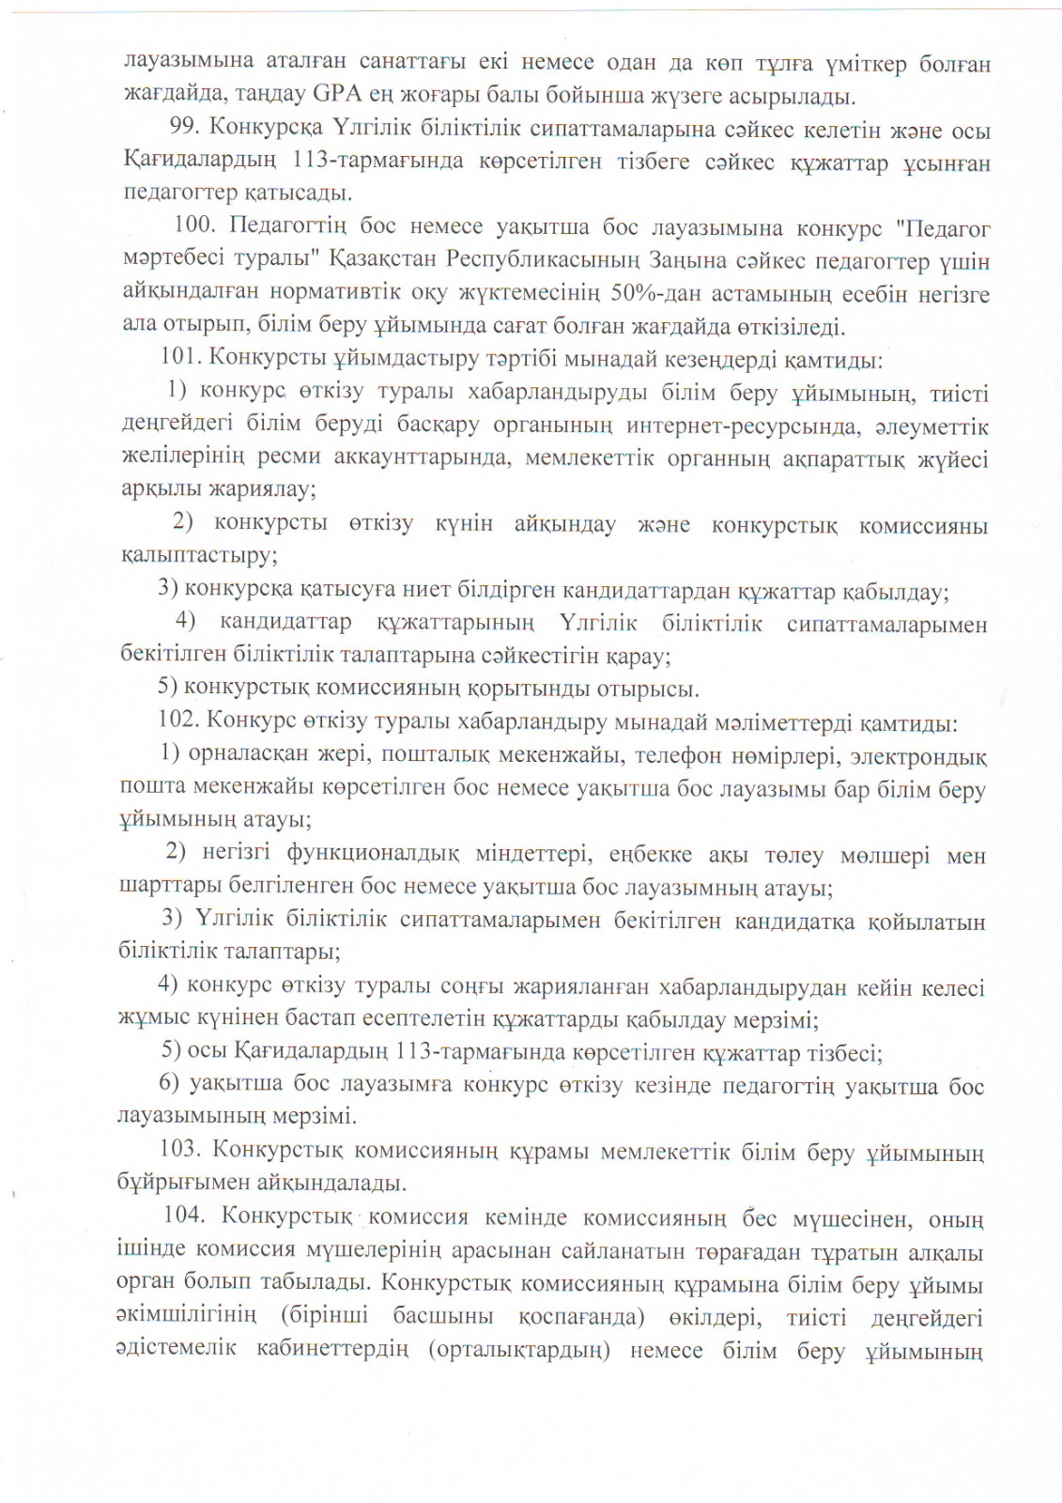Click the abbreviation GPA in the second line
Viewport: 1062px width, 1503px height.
(x=339, y=95)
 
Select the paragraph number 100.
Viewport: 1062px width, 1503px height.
(x=196, y=226)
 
